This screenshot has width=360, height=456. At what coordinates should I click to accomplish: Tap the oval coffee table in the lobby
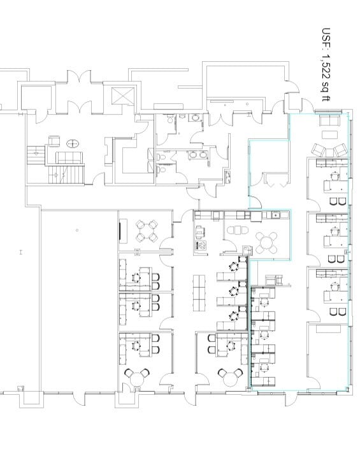pyautogui.click(x=74, y=143)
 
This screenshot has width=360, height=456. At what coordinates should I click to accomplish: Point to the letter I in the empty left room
pyautogui.click(x=21, y=252)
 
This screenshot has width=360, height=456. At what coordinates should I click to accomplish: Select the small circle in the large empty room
pyautogui.click(x=76, y=230)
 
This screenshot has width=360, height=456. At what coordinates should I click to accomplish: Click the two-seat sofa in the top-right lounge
pyautogui.click(x=329, y=122)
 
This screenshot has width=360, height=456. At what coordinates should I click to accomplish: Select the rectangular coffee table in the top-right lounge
pyautogui.click(x=329, y=134)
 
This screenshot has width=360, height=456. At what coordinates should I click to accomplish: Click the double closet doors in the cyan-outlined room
pyautogui.click(x=275, y=184)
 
